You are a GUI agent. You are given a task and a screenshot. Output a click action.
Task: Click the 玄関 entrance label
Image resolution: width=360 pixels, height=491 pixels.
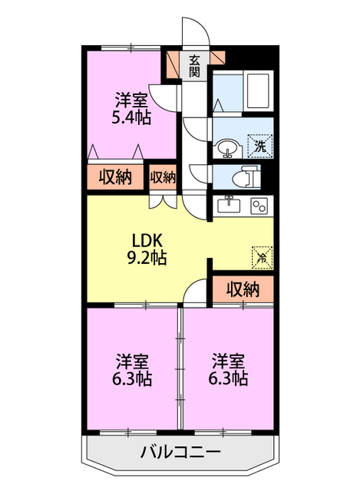click(194, 66)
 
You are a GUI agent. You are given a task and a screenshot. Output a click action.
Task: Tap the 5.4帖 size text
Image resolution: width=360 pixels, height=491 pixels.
click(131, 117)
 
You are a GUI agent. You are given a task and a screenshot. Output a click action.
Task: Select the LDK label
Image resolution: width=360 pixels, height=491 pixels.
click(147, 241)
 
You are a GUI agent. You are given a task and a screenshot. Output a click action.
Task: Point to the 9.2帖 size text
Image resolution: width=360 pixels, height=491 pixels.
click(147, 258)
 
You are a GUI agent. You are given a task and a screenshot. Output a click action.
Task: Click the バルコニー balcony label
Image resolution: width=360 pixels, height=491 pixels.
click(180, 452)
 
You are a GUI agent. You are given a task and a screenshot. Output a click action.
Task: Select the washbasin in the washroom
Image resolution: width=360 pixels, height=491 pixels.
click(228, 148)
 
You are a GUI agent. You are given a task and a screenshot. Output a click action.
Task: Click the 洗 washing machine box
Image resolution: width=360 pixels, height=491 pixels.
click(260, 146)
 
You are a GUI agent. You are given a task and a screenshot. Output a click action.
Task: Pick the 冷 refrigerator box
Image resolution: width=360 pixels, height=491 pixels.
click(262, 258)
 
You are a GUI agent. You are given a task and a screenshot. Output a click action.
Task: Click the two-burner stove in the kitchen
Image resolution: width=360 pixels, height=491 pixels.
click(259, 206)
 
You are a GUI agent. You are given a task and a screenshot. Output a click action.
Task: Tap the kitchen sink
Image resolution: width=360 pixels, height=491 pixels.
click(229, 206)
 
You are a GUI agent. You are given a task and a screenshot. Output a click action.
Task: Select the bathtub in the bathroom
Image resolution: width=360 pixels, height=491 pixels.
click(258, 91)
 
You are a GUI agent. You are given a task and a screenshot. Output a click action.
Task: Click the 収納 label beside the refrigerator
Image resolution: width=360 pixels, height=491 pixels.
click(243, 289)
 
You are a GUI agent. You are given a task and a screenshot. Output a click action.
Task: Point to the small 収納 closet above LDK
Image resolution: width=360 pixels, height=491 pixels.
click(163, 177)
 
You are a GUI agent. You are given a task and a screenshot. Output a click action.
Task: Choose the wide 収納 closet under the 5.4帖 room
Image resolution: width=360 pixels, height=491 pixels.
click(115, 177)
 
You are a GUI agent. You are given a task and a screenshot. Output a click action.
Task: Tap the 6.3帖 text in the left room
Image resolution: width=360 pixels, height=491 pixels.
click(132, 378)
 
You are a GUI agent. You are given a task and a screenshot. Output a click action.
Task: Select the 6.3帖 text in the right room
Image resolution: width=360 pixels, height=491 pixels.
click(228, 378)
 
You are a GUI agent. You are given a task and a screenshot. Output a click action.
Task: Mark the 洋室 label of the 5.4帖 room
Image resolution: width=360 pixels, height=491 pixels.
click(131, 101)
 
